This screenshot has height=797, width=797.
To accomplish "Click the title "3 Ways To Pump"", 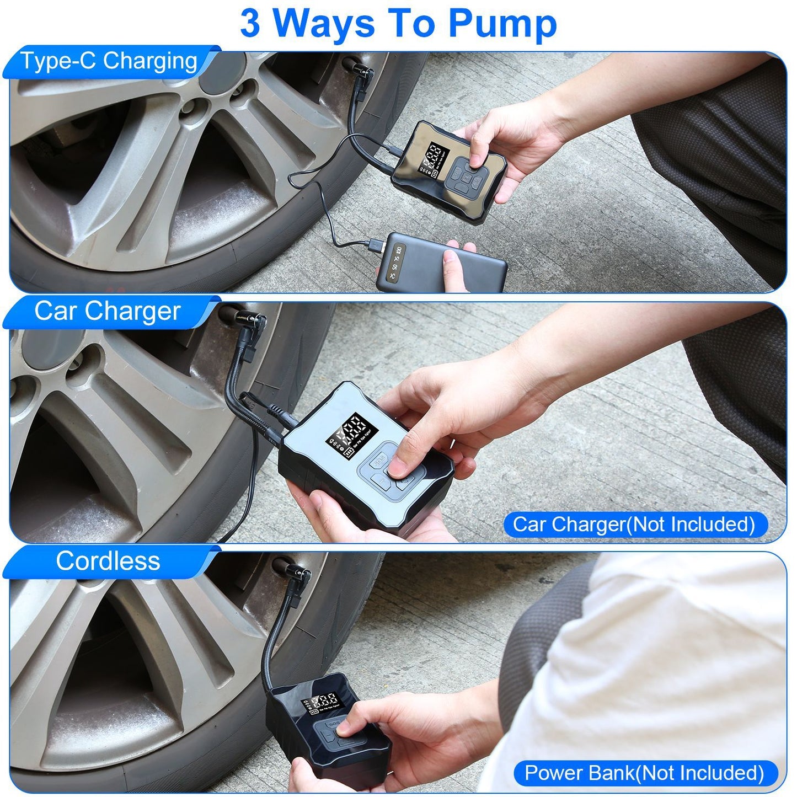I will [x=398, y=23].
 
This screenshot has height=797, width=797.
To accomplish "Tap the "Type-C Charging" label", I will [x=109, y=61].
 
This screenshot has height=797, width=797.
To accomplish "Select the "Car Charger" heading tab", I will [x=108, y=312].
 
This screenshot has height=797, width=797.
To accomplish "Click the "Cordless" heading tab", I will [x=108, y=561].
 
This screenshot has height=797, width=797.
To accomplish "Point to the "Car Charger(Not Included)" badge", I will [x=634, y=524].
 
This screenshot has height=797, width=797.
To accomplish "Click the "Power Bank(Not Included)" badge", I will [x=644, y=773].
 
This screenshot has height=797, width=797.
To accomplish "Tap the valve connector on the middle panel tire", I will [x=251, y=320].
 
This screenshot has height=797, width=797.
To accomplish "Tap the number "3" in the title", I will [x=250, y=23].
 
